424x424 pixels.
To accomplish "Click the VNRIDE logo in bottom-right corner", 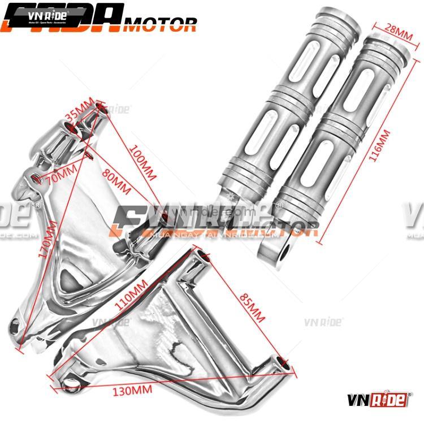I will point(382,399).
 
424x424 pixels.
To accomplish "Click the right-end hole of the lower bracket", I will point(286,365).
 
